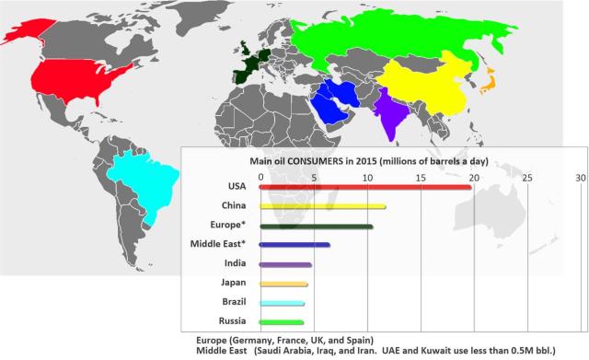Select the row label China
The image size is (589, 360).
click(233, 205)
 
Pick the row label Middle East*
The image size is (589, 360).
click(221, 244)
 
